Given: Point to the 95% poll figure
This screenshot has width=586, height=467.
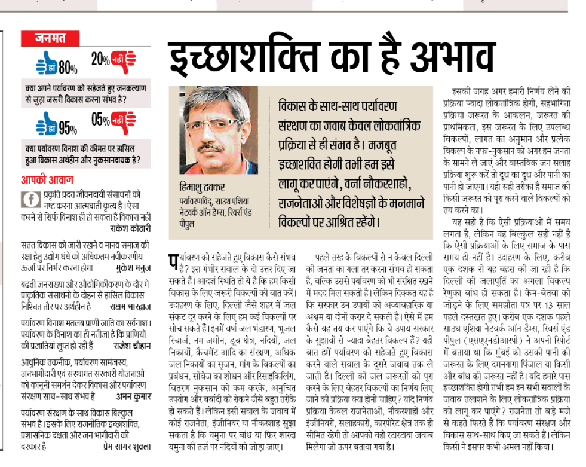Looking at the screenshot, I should (x=68, y=128).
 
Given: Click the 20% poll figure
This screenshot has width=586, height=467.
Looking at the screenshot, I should (x=100, y=59).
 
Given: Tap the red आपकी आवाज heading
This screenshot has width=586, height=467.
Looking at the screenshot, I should (x=48, y=179).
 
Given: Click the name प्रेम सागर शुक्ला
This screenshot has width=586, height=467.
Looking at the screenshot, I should (x=123, y=445).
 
